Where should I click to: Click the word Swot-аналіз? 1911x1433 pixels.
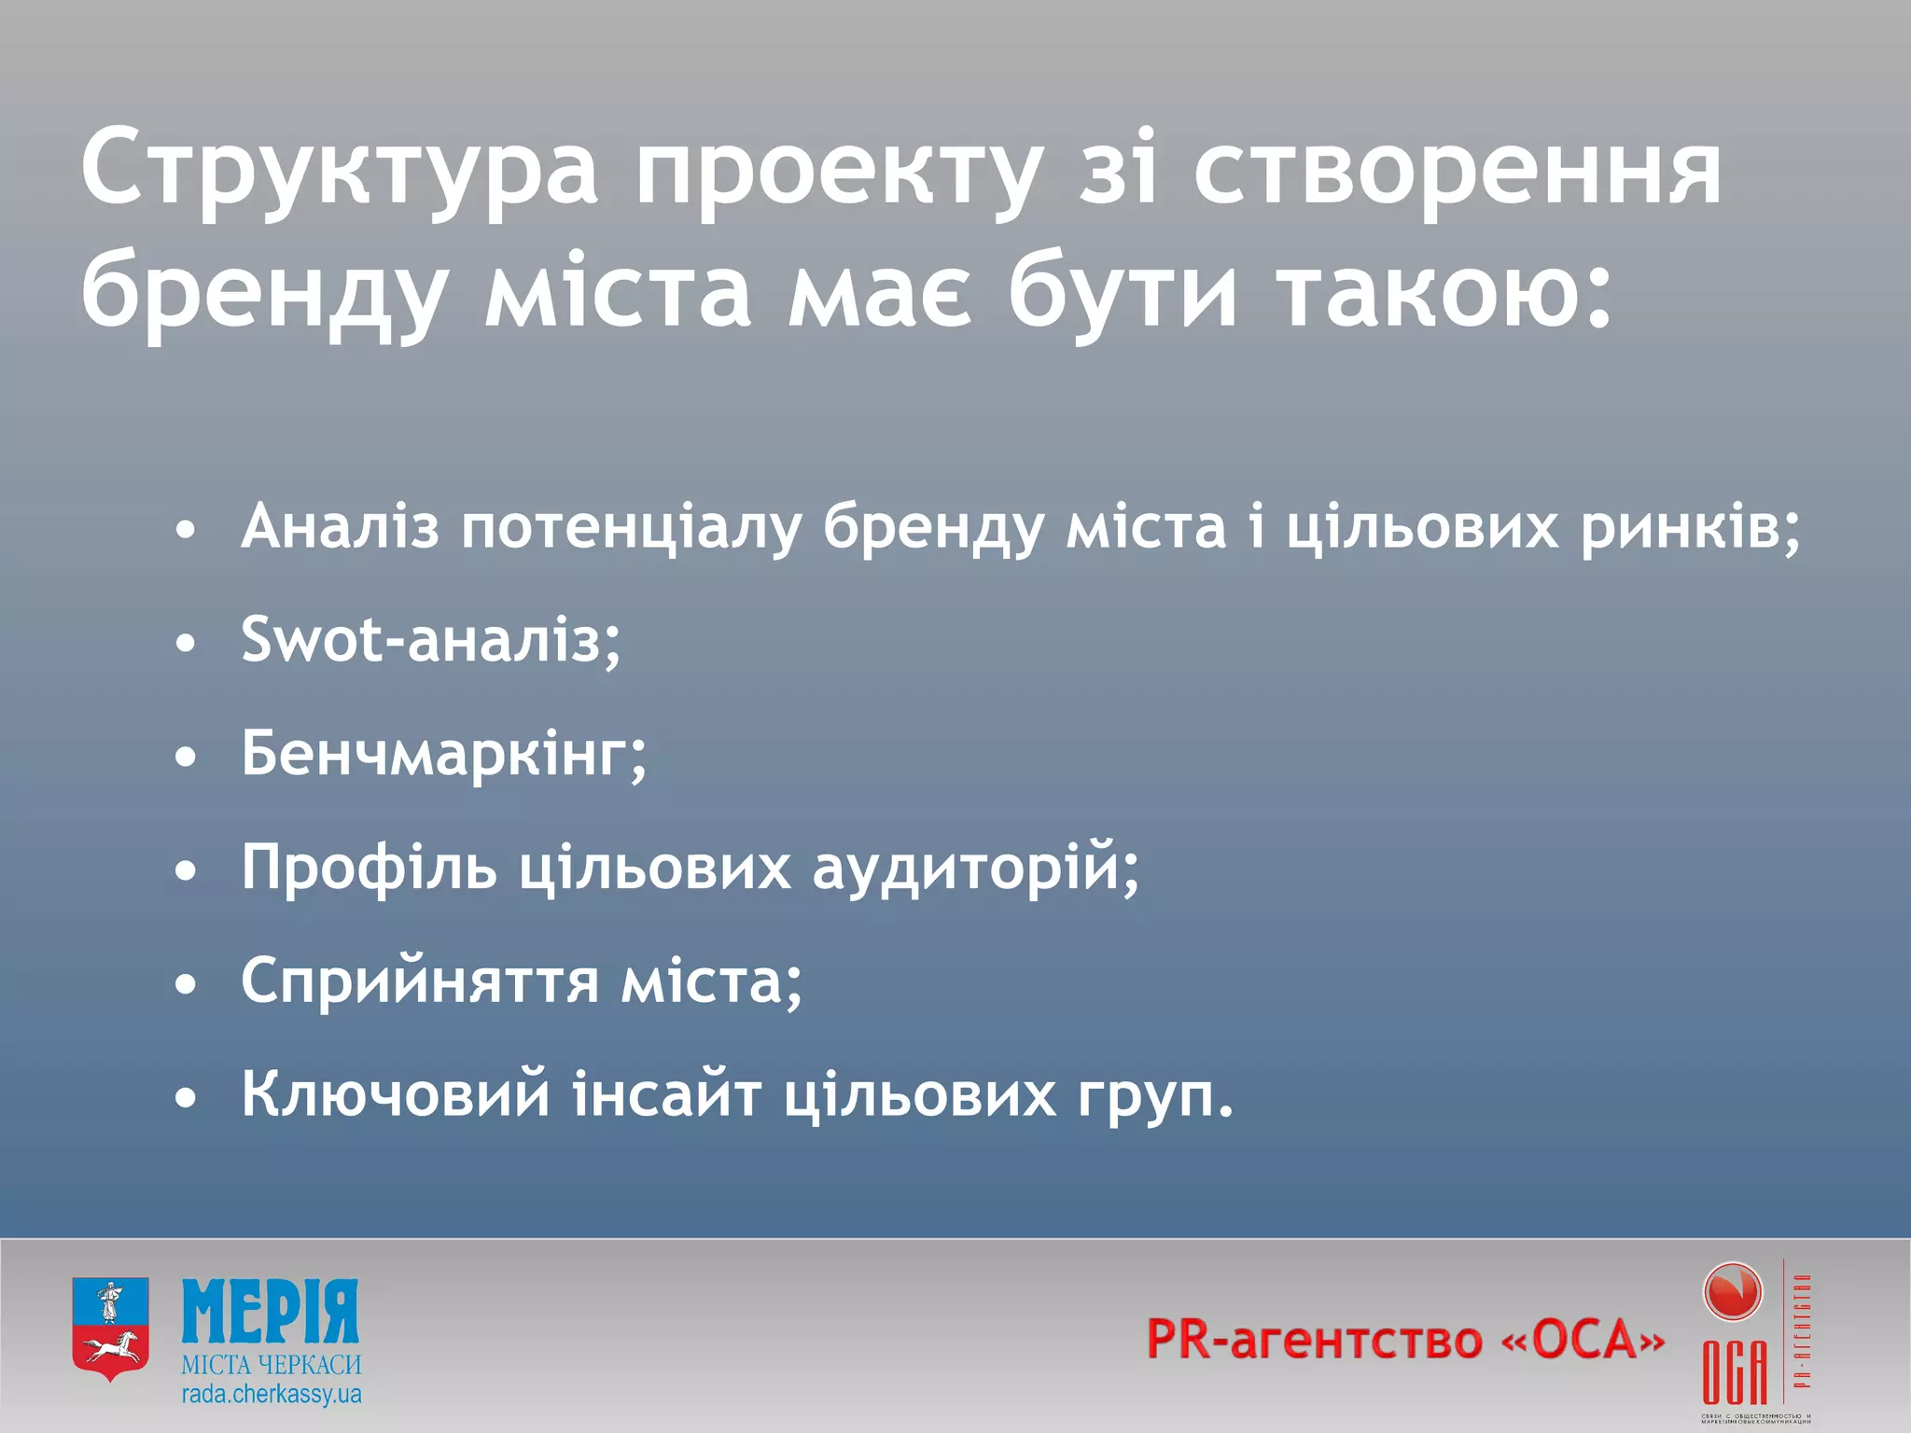coord(430,641)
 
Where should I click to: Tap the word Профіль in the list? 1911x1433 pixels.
coord(370,868)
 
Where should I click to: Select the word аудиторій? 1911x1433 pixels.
coord(975,868)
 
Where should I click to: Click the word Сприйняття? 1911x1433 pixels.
coord(420,981)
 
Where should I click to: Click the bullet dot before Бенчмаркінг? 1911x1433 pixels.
coord(187,758)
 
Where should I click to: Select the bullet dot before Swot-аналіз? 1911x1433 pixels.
coord(187,644)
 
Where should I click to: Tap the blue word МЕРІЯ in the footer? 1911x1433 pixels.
coord(271,1312)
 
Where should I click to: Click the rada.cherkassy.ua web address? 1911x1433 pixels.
coord(272,1396)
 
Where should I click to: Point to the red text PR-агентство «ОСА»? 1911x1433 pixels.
coord(1405,1340)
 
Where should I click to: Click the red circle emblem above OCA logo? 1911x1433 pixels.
coord(1732,1293)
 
